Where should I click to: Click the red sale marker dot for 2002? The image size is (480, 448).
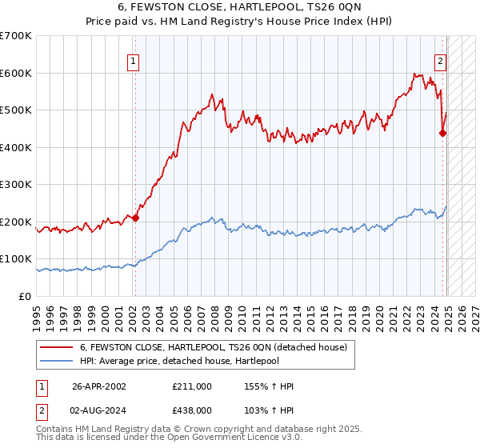pos(135,218)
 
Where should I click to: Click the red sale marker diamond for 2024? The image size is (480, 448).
pos(442,134)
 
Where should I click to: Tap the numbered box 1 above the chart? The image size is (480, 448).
pos(134,59)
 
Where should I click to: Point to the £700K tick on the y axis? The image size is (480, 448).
pos(17,36)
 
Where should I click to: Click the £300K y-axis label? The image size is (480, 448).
pos(17,184)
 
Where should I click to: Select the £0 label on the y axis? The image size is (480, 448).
pos(26,296)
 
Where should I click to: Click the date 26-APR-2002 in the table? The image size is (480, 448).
pos(99,386)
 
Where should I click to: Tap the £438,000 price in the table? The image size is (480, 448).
pos(190,411)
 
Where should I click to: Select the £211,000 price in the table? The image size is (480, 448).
pos(190,386)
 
